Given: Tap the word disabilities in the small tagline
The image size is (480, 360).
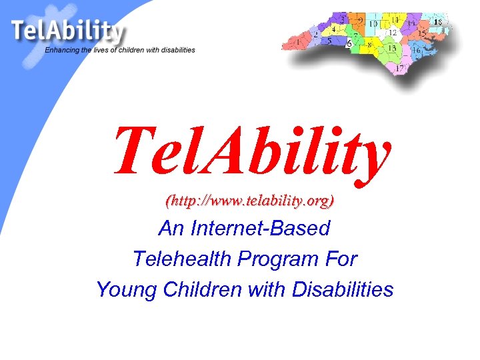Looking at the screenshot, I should click(x=175, y=50).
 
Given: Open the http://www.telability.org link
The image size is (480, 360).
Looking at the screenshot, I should click(x=250, y=200).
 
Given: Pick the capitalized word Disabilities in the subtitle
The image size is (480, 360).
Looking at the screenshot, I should click(x=341, y=289).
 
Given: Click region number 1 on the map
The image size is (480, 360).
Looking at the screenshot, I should click(x=298, y=43).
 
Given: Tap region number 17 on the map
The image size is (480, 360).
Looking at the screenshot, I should click(x=400, y=68).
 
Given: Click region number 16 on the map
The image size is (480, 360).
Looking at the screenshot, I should click(x=416, y=49).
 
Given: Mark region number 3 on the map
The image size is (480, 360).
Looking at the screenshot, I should click(x=343, y=20).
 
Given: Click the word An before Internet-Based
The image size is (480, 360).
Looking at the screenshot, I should click(x=170, y=229).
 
